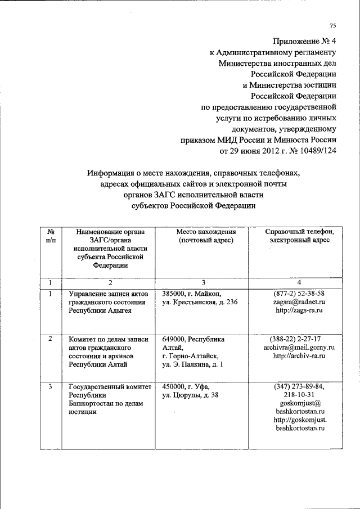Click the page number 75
point(332,26)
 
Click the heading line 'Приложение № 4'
point(304,41)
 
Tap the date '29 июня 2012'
point(250,151)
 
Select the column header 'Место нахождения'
point(205,232)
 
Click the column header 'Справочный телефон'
point(299,232)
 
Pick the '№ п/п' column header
point(51,236)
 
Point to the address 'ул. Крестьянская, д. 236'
point(200,302)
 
